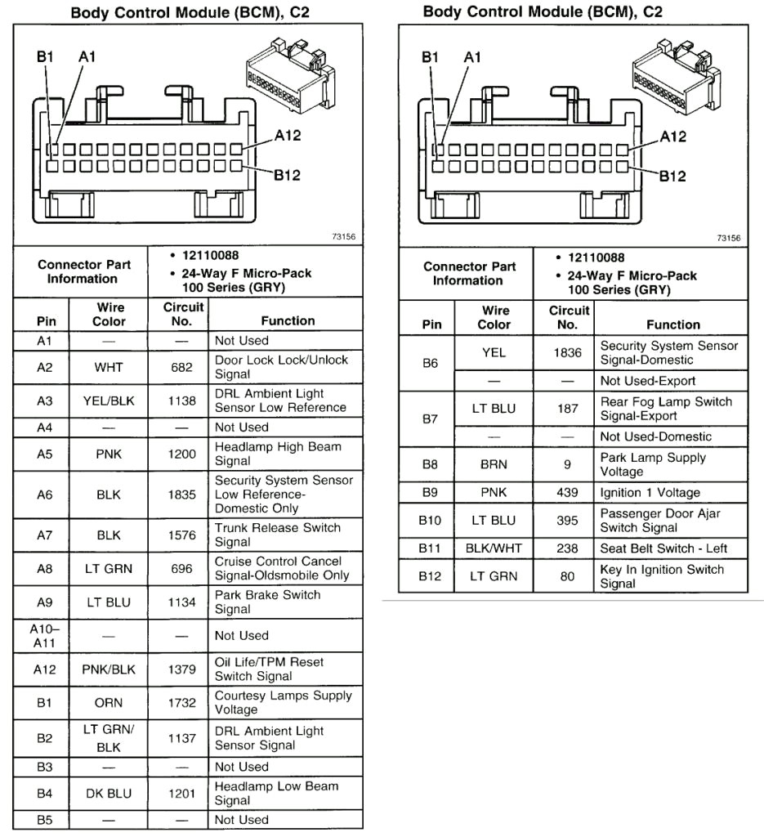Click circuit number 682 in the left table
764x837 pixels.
181,367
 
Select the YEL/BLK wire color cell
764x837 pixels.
109,401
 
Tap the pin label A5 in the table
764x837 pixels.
45,454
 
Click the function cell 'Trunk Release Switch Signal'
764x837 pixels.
278,535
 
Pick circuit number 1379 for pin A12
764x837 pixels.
182,669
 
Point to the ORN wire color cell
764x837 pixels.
109,703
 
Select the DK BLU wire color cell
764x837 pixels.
109,794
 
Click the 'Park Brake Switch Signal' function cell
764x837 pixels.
267,602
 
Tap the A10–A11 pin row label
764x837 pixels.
45,636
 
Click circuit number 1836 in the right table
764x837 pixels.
567,353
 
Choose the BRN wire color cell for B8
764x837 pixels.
494,464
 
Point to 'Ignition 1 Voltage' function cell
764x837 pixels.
650,493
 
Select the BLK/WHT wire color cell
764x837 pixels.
494,548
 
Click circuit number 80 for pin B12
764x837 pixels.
567,576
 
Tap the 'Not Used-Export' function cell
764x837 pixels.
648,381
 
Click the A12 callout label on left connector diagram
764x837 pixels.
288,136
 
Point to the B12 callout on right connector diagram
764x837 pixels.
672,177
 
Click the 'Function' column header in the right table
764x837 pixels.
673,325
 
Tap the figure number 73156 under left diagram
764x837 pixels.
343,236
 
